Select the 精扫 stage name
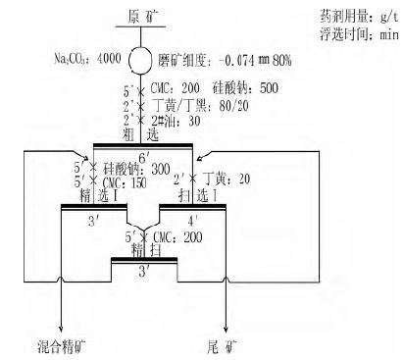pyautogui.click(x=144, y=252)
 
